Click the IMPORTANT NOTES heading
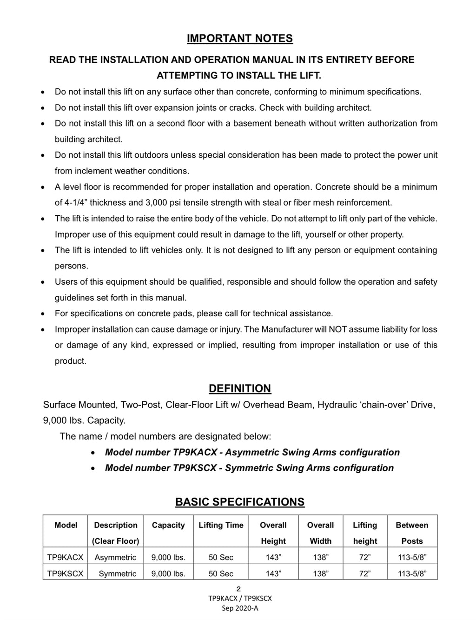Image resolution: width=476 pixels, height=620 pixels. [240, 38]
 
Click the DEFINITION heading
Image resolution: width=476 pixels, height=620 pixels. [240, 388]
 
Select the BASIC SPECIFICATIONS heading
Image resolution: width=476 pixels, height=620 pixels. [240, 502]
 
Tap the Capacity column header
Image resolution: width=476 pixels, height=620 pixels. [168, 525]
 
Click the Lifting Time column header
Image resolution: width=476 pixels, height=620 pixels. [221, 525]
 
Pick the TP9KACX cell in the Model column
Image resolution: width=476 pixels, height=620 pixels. [66, 557]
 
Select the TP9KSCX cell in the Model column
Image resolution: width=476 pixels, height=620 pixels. [66, 573]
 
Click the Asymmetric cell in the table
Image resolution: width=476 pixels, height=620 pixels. [115, 557]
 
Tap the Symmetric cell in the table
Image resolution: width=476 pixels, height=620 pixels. [118, 573]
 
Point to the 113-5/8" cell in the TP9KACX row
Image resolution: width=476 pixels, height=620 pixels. [412, 557]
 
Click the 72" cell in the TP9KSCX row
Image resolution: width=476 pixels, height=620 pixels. [365, 573]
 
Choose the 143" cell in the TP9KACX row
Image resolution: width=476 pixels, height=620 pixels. [273, 557]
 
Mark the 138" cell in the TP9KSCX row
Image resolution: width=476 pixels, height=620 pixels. [320, 573]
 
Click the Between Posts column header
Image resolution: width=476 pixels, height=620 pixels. [412, 533]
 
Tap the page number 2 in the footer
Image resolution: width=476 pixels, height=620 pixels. [239, 589]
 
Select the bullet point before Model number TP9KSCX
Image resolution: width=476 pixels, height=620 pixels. [94, 468]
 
